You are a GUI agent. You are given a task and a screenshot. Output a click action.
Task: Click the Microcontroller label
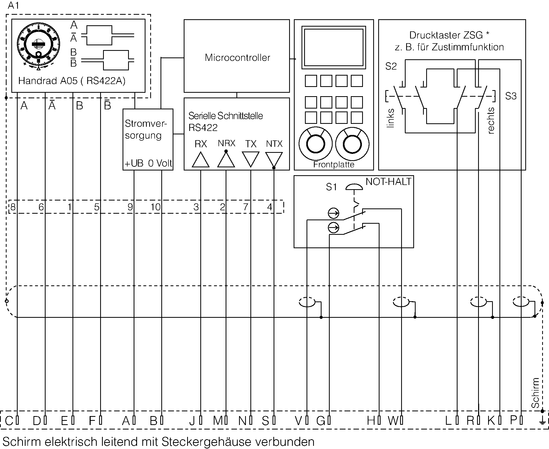coord(237,58)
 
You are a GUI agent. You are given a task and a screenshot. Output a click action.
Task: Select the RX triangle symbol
coord(201,160)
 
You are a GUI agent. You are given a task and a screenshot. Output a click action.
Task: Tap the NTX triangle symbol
coord(274,159)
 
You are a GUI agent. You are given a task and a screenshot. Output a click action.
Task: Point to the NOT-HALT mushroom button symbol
coord(354,187)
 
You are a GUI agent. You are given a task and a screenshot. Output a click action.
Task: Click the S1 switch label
coord(331,187)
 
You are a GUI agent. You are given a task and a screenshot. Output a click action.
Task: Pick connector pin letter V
coord(298,421)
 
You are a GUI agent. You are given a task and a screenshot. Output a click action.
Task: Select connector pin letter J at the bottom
coord(192,421)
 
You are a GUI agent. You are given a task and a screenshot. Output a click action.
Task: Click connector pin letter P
coord(514,420)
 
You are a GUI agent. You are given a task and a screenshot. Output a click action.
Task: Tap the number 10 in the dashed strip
coord(155,207)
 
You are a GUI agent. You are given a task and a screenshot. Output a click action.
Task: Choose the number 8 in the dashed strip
coord(13,207)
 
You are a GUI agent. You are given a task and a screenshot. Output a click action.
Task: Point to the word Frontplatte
coord(333,165)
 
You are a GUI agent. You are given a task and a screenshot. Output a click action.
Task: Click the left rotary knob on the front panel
coord(315,144)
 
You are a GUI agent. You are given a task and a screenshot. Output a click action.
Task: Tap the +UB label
coord(134,164)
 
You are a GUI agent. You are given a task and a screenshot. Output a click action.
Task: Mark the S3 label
coord(511,96)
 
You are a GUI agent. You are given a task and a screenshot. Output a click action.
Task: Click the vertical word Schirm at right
coord(535,393)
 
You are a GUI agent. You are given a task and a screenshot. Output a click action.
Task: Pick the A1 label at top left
coord(13,6)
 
